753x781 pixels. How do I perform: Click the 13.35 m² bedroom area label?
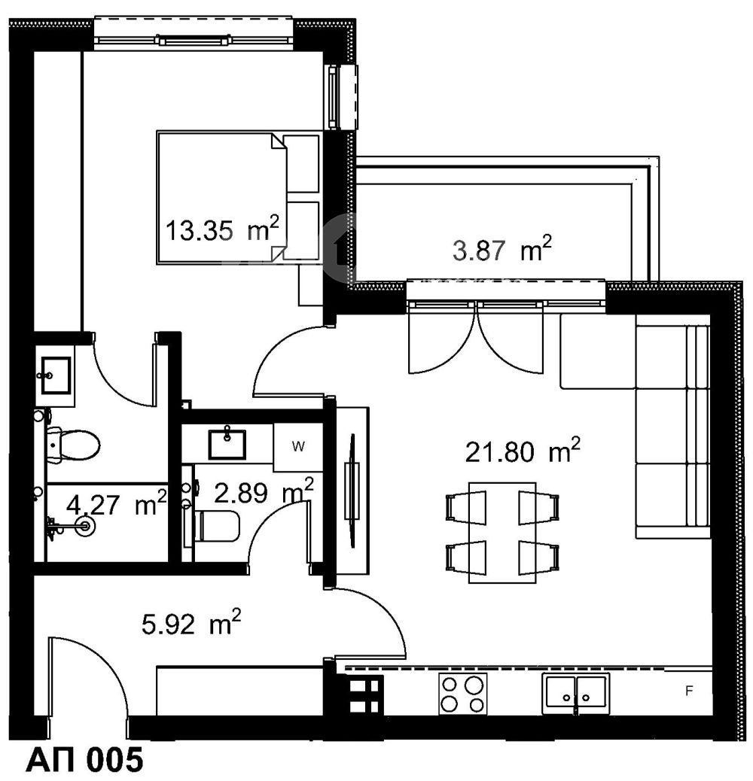point(222,229)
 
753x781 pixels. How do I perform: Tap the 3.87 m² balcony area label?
point(502,249)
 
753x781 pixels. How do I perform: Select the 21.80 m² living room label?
point(523,451)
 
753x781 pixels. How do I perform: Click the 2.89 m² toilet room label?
point(264,492)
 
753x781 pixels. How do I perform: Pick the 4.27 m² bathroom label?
point(117,503)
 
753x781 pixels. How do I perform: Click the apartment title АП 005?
point(84,760)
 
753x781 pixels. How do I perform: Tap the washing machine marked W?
point(298,447)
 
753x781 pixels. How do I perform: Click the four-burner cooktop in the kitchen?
point(462,693)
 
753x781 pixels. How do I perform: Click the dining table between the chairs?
point(502,533)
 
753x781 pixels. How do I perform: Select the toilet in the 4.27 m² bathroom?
point(74,444)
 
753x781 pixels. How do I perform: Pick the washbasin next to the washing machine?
point(227,443)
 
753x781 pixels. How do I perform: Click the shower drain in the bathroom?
point(85,525)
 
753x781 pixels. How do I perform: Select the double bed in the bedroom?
point(238,197)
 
